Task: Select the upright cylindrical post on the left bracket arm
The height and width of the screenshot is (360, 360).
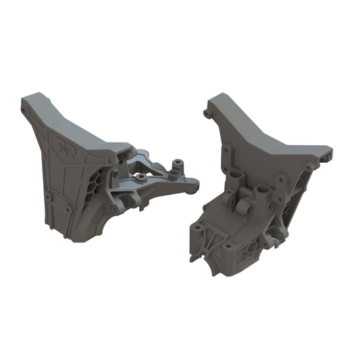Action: coord(179,164)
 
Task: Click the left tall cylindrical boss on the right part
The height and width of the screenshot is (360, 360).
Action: coord(236,180)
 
